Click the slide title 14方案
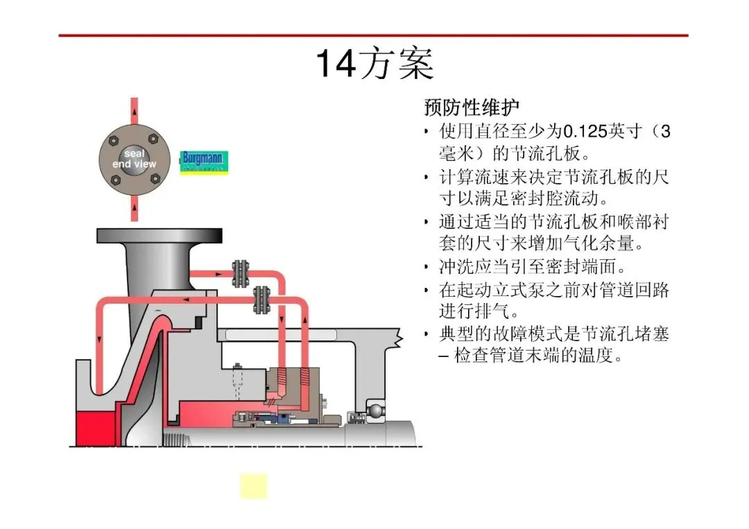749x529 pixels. coord(375,63)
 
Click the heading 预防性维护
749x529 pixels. coord(472,107)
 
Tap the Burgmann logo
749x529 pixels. coord(204,162)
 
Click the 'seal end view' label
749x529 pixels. coord(135,159)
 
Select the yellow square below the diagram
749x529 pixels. coord(254,487)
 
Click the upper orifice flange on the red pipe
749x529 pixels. coord(240,274)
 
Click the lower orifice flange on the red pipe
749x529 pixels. coord(261,300)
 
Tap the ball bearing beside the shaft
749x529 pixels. coord(375,410)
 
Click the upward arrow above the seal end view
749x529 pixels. coord(135,112)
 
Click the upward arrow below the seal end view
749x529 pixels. coord(135,208)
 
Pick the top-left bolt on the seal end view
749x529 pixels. coord(114,141)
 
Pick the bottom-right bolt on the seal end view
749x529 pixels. coord(155,179)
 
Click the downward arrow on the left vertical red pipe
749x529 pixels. coord(99,340)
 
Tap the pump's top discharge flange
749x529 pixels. coord(160,236)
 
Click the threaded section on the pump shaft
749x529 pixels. coord(177,439)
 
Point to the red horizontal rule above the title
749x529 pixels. coord(374,35)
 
